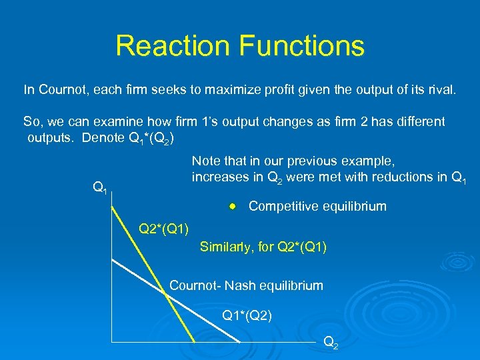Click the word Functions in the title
(x=301, y=46)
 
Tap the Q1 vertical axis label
(x=101, y=189)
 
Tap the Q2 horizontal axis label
(x=330, y=342)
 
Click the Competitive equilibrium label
(x=317, y=206)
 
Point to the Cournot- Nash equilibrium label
(x=246, y=286)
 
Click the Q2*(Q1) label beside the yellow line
(x=163, y=230)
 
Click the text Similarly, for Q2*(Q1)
(x=263, y=247)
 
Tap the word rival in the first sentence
(x=442, y=89)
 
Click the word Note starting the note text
(x=205, y=161)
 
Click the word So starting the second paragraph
(x=31, y=122)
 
